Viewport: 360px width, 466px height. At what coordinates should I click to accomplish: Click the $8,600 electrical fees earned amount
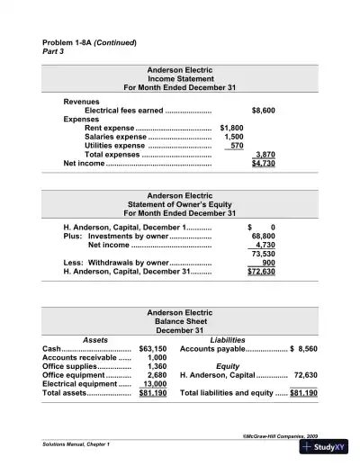[264, 110]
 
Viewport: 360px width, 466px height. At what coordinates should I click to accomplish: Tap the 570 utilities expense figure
[237, 145]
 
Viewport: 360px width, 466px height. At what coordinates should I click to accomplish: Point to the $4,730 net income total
[263, 164]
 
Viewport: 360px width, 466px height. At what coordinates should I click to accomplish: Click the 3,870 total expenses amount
[265, 155]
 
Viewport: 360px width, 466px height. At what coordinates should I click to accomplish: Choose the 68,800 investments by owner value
[264, 236]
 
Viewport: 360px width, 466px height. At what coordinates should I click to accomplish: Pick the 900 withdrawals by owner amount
[268, 262]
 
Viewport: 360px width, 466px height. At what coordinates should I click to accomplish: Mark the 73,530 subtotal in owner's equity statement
[263, 253]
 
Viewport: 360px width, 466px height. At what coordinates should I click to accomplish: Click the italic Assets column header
[95, 339]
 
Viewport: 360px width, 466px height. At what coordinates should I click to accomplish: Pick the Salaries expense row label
[102, 137]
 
